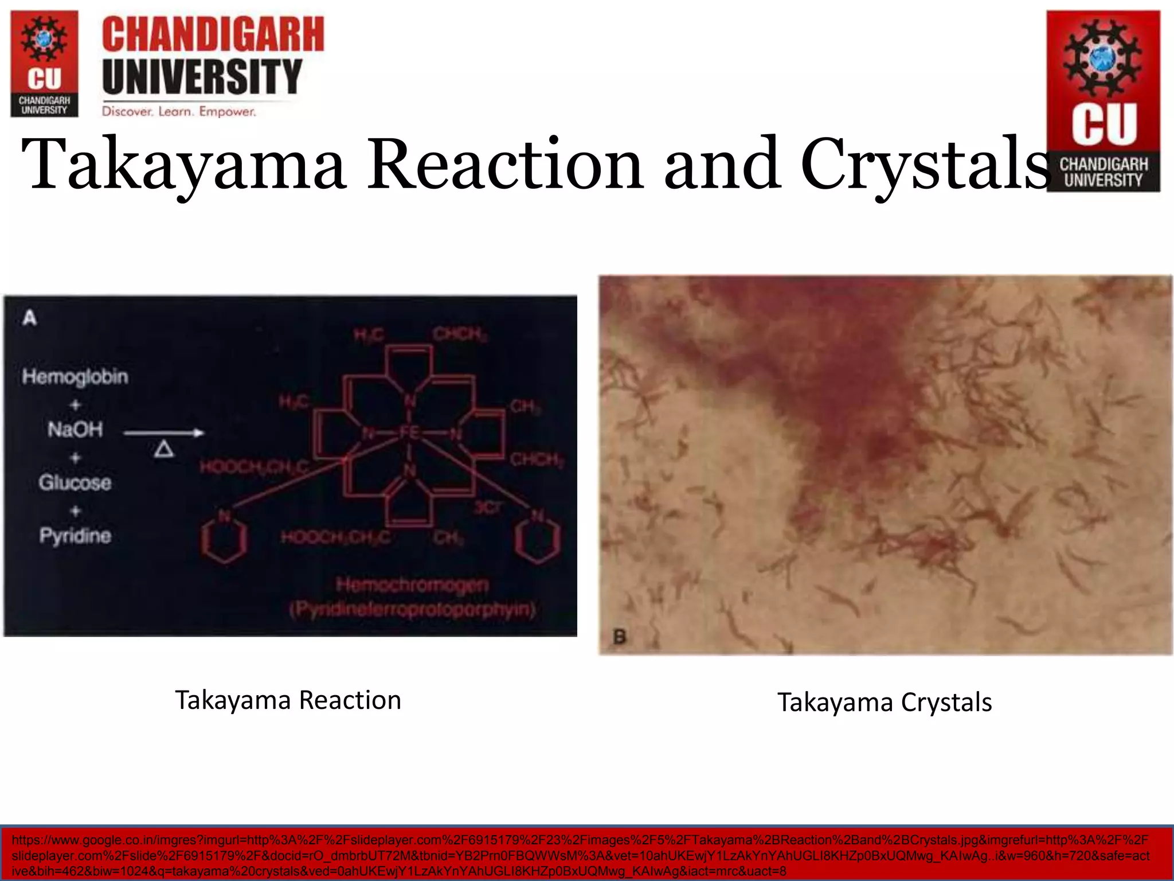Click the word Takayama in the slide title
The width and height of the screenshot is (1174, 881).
[183, 165]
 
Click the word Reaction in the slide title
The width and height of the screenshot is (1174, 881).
[504, 165]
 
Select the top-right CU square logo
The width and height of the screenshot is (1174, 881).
[1103, 101]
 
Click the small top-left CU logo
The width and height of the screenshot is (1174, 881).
[44, 64]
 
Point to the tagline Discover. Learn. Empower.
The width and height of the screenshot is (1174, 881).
[179, 111]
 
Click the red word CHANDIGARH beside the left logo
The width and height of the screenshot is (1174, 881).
[213, 34]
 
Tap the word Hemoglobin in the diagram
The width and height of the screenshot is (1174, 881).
[75, 377]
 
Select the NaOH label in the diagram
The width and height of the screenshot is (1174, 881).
[75, 429]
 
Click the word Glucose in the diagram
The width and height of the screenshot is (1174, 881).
[75, 482]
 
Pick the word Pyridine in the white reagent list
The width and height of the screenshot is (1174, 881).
[75, 536]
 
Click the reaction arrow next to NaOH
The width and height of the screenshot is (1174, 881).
[164, 432]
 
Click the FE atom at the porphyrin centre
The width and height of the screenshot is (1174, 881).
[409, 432]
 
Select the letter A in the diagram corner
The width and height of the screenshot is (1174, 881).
[30, 317]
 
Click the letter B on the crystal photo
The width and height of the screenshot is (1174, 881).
[620, 637]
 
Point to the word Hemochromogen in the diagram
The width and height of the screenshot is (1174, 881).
[412, 585]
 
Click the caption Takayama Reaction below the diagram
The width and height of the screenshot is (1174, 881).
[288, 700]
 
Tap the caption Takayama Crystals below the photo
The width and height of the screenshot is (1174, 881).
[885, 703]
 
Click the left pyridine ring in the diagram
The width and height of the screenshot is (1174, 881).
[225, 539]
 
